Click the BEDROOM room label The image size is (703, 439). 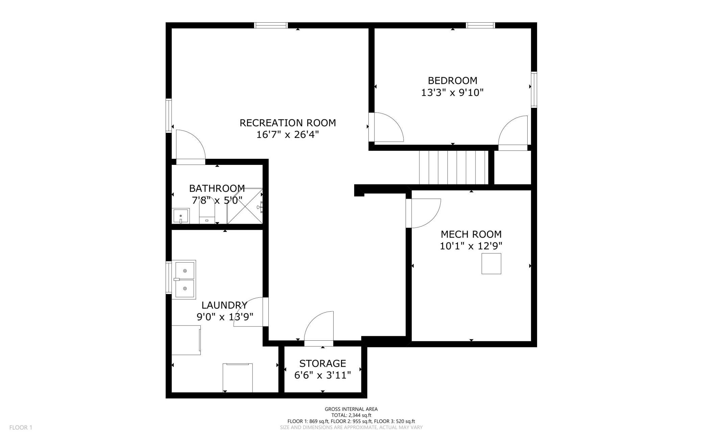[x=453, y=80]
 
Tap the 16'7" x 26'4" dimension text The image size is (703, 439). [x=288, y=135]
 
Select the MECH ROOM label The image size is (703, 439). [x=471, y=234]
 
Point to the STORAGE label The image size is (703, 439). [x=322, y=363]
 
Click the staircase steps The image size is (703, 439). [x=454, y=167]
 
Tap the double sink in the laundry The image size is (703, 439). [x=184, y=279]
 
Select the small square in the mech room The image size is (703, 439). [x=491, y=264]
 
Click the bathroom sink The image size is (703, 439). [x=181, y=216]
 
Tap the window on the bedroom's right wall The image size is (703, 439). [x=534, y=90]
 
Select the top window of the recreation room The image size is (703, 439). [x=271, y=25]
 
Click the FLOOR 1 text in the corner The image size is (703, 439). [x=21, y=428]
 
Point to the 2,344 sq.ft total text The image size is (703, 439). [x=351, y=415]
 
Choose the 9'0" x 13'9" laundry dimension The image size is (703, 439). [x=225, y=317]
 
